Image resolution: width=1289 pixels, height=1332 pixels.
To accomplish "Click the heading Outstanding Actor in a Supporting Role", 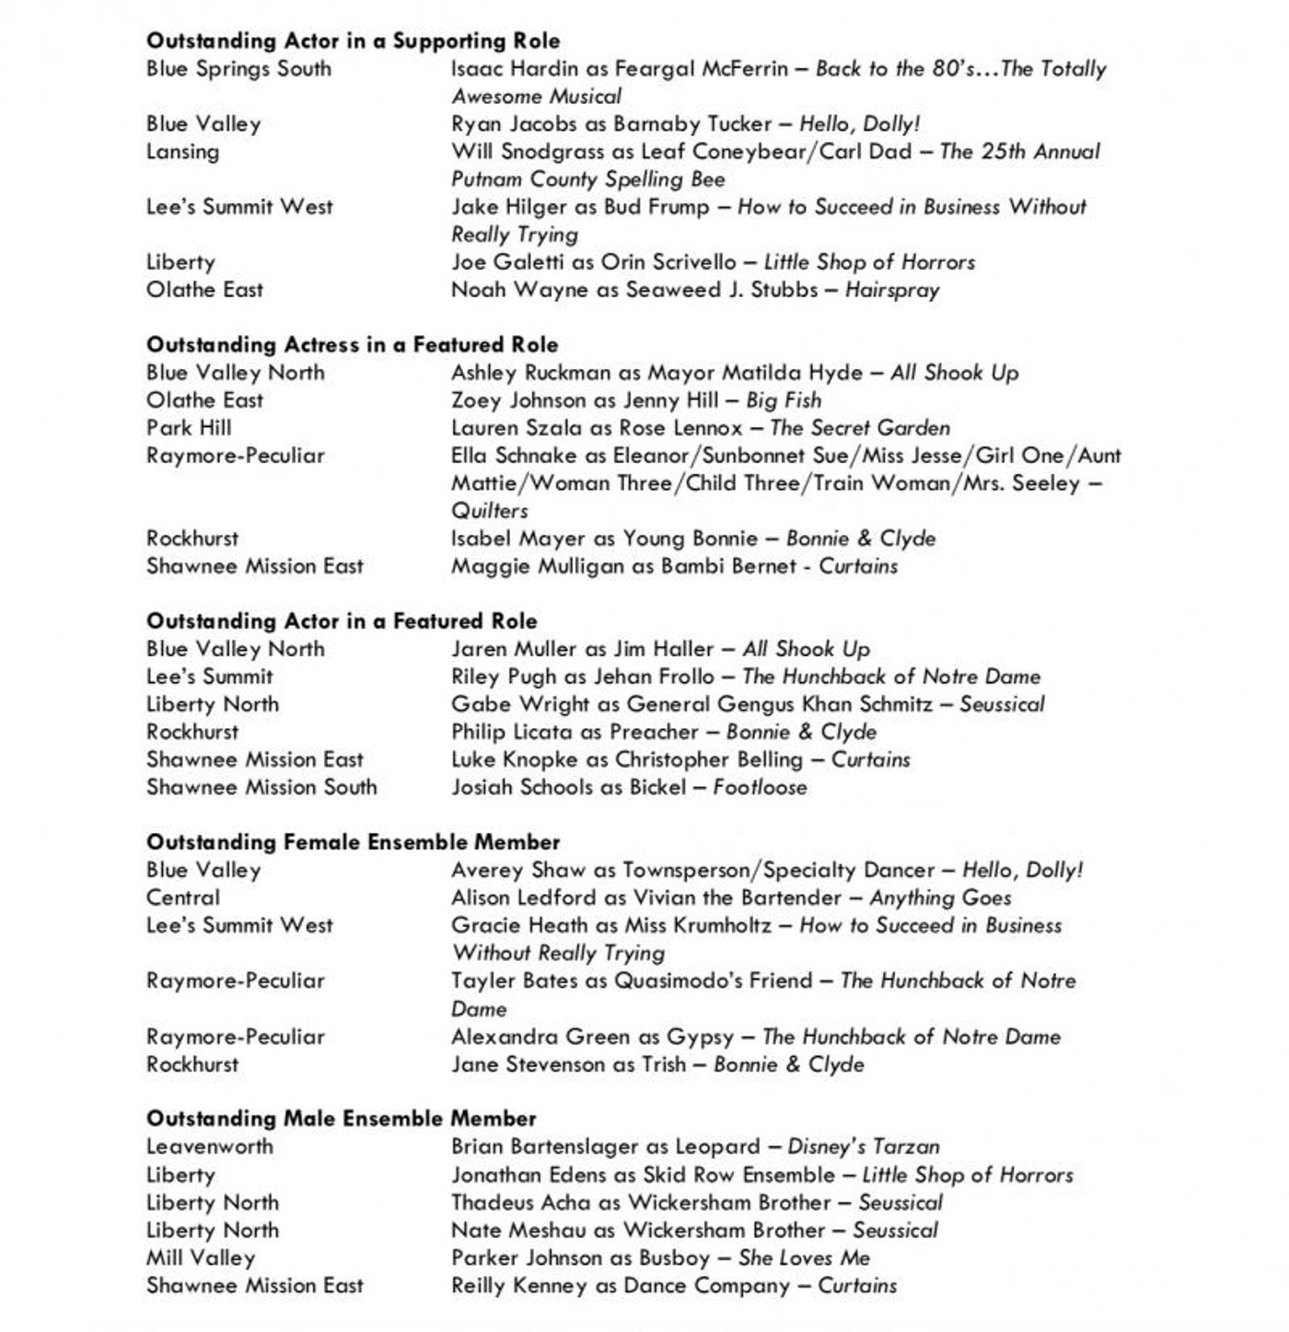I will (x=353, y=41).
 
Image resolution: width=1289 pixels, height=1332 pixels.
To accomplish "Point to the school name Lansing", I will (x=182, y=151).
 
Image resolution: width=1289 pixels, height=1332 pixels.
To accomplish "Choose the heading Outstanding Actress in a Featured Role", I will (x=352, y=345).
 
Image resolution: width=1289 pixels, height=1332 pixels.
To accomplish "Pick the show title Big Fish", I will (x=783, y=400).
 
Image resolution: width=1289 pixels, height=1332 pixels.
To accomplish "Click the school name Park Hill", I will (x=189, y=428).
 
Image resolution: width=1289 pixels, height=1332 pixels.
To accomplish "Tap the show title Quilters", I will (x=489, y=511).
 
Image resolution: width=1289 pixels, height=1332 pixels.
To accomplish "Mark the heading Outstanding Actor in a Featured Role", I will (x=342, y=621).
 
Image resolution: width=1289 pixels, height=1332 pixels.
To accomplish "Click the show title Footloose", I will (x=760, y=787).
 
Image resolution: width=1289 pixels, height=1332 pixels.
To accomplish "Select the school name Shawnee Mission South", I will (x=261, y=787).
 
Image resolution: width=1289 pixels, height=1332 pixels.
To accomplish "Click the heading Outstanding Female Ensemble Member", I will (x=353, y=842).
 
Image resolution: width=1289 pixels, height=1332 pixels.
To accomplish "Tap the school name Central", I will (x=182, y=898).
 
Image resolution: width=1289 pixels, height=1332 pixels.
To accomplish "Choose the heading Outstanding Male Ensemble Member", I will (x=341, y=1118).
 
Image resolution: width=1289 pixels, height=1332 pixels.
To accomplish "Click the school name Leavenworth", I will (x=209, y=1147).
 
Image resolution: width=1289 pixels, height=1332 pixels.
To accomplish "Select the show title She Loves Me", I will (x=803, y=1257).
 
